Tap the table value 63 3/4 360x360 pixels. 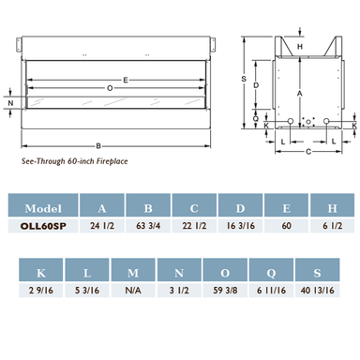(x=146, y=226)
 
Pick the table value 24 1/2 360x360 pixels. (x=100, y=226)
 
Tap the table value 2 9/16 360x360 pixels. (x=39, y=291)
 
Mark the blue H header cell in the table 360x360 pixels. (x=330, y=208)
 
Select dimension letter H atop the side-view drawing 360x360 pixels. (x=300, y=44)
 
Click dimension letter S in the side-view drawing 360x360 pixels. (x=243, y=79)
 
